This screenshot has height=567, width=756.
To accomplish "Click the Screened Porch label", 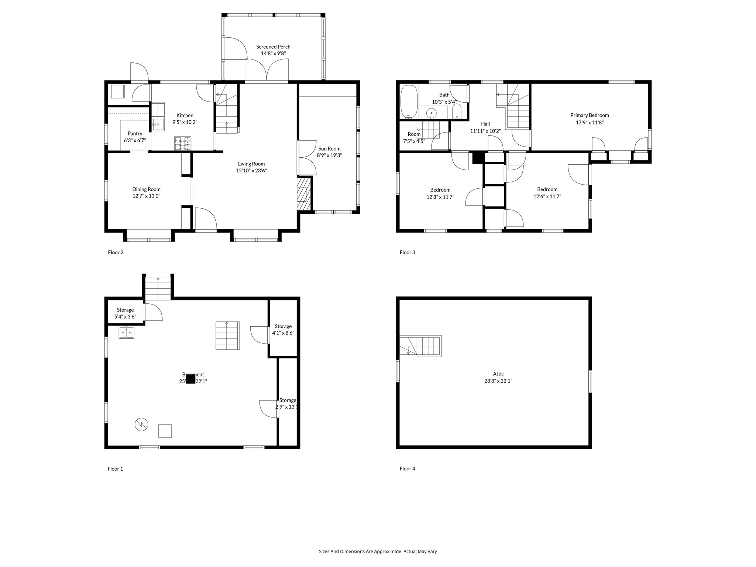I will click(273, 47).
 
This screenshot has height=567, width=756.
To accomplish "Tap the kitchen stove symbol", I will click(183, 144).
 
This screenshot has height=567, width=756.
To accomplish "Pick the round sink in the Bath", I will click(431, 113).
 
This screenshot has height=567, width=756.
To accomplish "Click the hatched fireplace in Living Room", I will click(305, 194).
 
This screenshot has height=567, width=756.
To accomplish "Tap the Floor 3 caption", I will click(407, 252).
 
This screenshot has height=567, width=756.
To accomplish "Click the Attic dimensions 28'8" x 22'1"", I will click(498, 381).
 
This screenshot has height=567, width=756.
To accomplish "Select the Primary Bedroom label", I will click(589, 115).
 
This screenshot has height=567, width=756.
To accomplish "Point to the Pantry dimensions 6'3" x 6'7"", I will click(135, 140).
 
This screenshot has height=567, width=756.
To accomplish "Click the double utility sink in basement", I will click(126, 333).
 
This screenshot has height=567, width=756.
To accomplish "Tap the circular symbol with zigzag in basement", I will click(141, 425).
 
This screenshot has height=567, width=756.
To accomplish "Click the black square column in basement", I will click(190, 379).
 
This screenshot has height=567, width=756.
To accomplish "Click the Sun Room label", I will click(329, 149).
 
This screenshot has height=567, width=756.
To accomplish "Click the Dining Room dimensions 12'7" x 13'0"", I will click(146, 196).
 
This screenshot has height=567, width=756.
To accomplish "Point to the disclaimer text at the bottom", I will click(378, 551).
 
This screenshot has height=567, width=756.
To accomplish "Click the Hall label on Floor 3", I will click(485, 124).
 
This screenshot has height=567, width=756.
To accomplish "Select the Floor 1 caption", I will click(115, 469).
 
